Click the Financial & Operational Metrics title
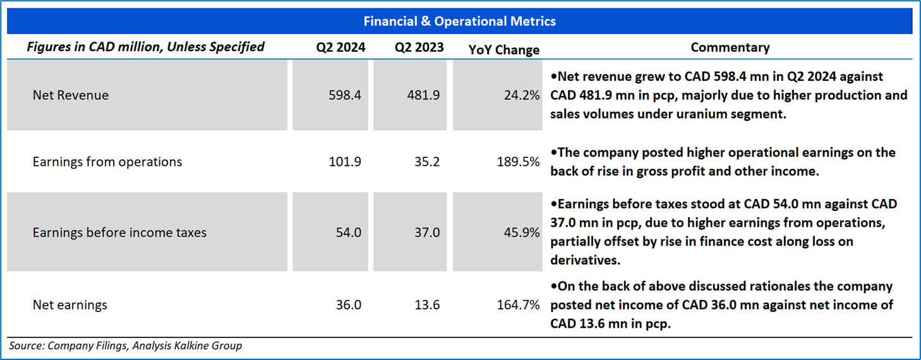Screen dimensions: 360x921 (x=460, y=21)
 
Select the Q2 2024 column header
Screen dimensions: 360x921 (x=341, y=47)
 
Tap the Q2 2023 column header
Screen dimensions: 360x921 (x=419, y=47)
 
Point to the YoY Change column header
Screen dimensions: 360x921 (x=504, y=50)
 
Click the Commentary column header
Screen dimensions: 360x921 (x=730, y=47)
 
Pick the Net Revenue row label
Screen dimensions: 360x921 (x=71, y=95)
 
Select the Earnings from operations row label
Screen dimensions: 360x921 (x=107, y=162)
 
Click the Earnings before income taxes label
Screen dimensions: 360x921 (x=119, y=232)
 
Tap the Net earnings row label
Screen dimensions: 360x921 (x=70, y=305)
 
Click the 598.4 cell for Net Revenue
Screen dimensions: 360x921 (x=345, y=95)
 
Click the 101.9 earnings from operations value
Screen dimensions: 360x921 (x=345, y=162)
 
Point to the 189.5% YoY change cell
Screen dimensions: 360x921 (x=519, y=162)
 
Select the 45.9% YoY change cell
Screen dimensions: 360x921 (x=522, y=232)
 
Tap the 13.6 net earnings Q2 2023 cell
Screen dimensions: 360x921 (x=427, y=305)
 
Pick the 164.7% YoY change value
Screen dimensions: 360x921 (x=519, y=305)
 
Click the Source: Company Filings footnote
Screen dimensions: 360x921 (x=125, y=345)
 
